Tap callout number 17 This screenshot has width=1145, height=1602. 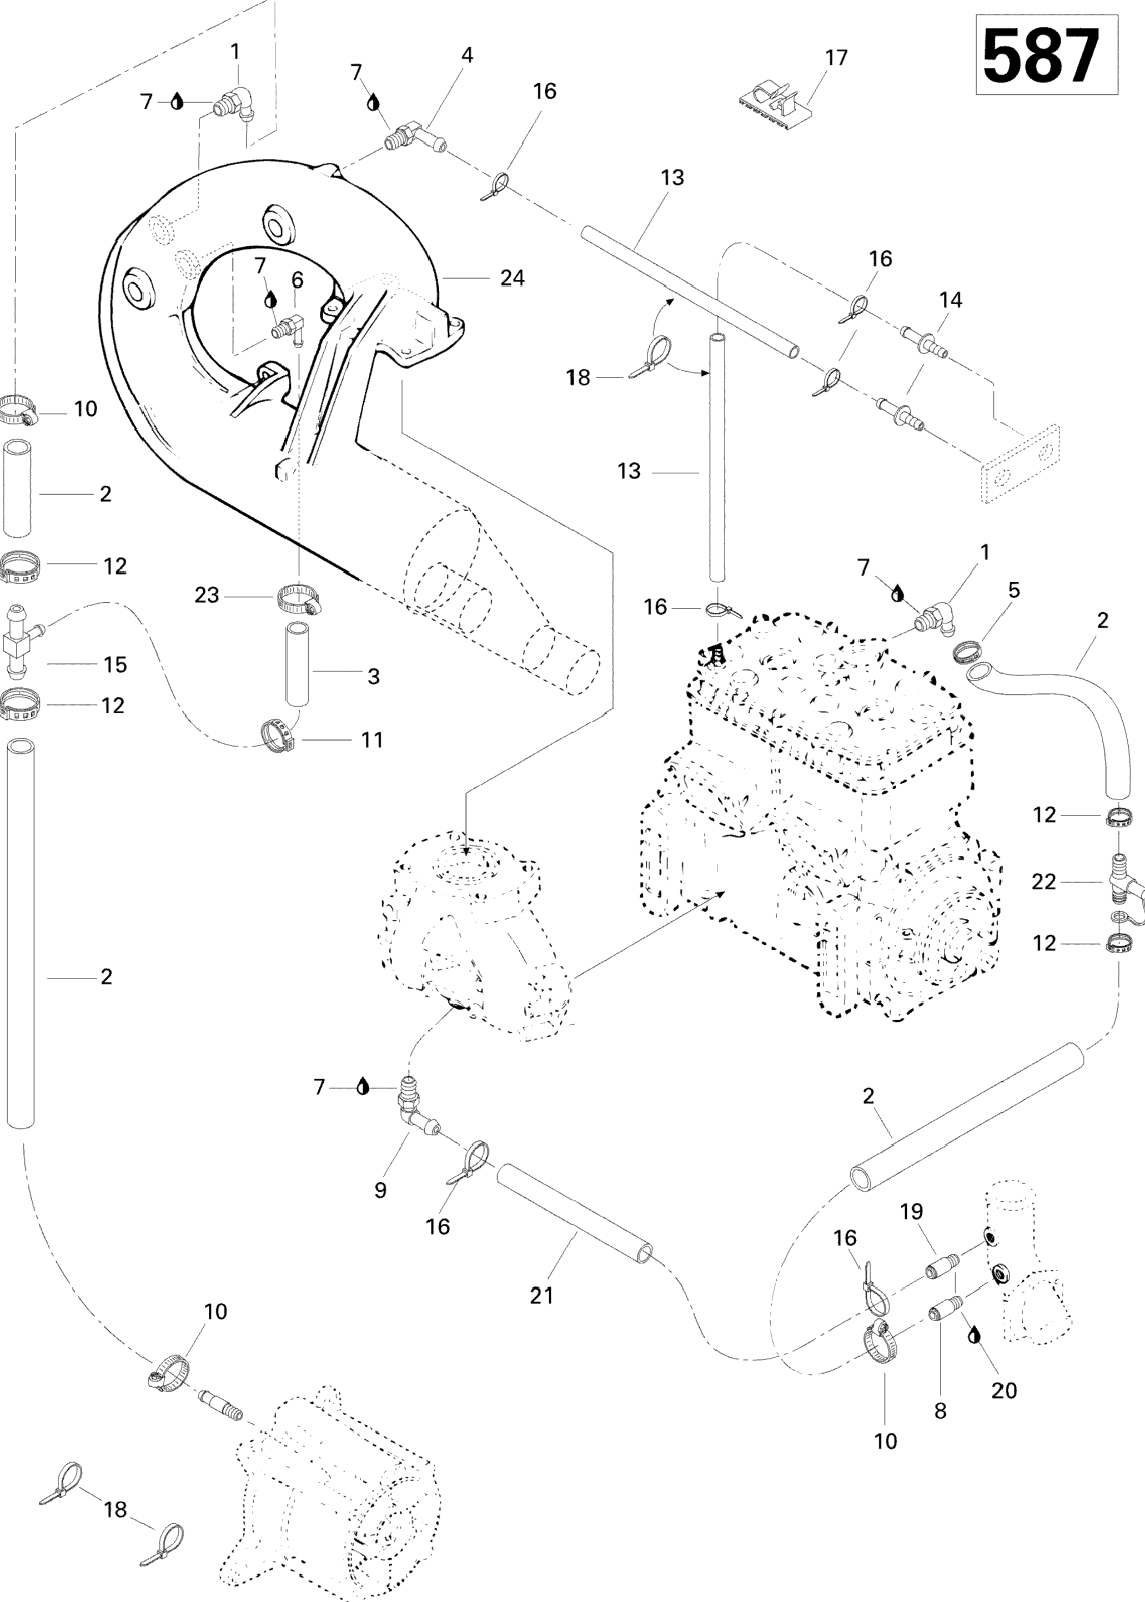coord(836,58)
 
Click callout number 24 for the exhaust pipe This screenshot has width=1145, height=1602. coord(513,279)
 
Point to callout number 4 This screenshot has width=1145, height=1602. coord(467,55)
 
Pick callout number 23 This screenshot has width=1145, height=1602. coord(207,596)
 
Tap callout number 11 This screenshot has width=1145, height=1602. coord(371,739)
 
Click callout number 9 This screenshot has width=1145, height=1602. coord(381,1190)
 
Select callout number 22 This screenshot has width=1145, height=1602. coord(1044,881)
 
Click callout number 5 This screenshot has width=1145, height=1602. coord(1013,590)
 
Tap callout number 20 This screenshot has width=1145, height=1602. coord(1004,1390)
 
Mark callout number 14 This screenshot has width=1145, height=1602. coord(951,300)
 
